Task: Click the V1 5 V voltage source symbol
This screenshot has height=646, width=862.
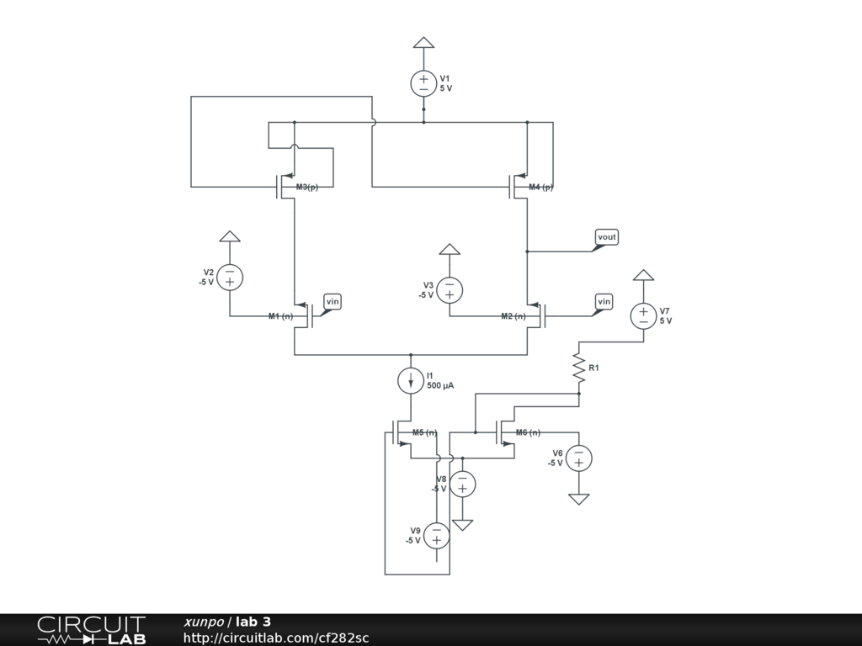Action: tap(423, 83)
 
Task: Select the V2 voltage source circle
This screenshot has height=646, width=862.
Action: tap(230, 277)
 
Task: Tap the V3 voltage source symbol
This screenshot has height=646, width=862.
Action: tap(450, 289)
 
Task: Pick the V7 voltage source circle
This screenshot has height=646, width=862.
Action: tap(643, 315)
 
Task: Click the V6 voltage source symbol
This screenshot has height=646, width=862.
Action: tap(578, 458)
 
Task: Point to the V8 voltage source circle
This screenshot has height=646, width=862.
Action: tap(462, 484)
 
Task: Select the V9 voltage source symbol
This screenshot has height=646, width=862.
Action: tap(436, 535)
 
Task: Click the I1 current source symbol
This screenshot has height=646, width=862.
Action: tap(411, 380)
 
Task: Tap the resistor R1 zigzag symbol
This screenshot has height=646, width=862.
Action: tap(579, 368)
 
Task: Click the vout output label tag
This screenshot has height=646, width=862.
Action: tap(606, 237)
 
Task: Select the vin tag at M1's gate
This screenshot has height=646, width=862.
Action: tap(333, 301)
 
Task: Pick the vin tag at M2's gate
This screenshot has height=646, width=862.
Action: tap(604, 301)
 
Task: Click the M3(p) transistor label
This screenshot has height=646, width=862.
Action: tap(307, 187)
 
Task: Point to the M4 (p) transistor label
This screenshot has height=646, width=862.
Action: tap(541, 187)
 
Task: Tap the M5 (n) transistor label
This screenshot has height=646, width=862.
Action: tap(424, 432)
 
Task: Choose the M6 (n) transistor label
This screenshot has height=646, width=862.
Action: tap(528, 432)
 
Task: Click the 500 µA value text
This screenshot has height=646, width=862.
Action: tap(440, 385)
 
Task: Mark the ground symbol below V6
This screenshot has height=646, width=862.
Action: tap(578, 499)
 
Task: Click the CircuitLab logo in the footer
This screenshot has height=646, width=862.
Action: tap(91, 630)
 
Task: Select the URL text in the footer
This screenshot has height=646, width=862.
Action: tap(276, 638)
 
